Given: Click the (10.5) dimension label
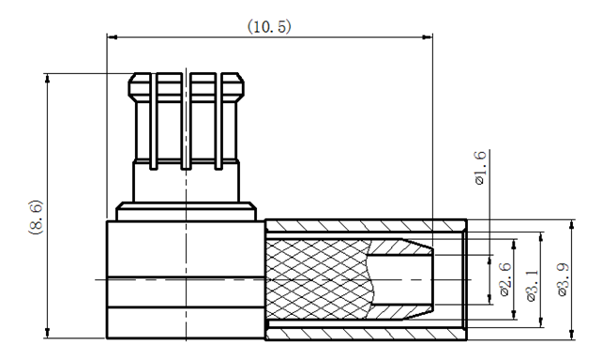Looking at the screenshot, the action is click(x=269, y=27).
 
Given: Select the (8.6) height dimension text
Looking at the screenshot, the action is click(x=36, y=217).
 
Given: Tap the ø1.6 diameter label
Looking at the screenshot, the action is click(x=480, y=168).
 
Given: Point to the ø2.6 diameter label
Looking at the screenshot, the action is click(x=505, y=279).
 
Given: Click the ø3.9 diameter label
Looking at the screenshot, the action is click(x=563, y=279).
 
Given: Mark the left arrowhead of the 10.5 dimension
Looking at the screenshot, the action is click(x=113, y=37).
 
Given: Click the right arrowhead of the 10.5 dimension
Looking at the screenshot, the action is click(x=428, y=37).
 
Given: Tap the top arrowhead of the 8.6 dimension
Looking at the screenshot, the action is click(x=48, y=79).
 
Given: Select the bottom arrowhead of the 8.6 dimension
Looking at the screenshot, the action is click(x=48, y=333).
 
